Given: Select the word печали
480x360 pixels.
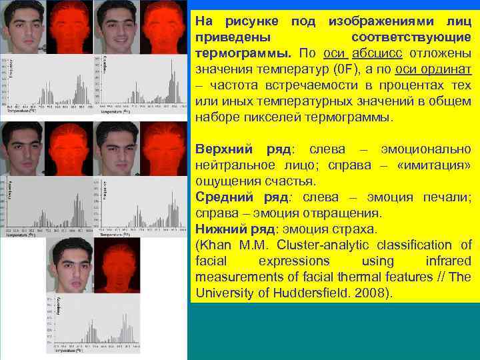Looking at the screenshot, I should [x=447, y=197].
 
